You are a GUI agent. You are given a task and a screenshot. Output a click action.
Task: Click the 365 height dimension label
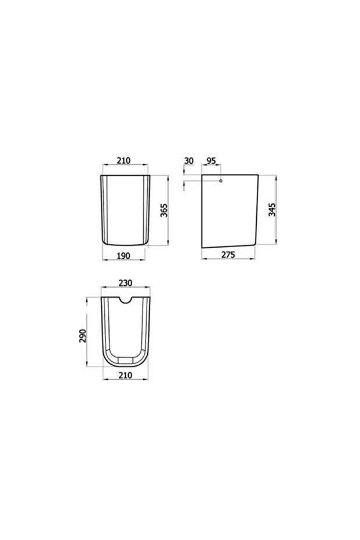(164, 211)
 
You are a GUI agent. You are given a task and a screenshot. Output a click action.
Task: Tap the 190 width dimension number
(122, 256)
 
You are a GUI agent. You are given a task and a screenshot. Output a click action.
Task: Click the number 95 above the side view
(211, 160)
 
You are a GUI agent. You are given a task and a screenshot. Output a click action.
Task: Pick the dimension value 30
(188, 160)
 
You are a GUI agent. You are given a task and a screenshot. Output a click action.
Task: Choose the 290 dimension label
(83, 336)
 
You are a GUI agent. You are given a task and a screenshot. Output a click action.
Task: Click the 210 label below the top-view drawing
(125, 375)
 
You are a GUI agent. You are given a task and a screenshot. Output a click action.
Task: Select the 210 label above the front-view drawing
(125, 160)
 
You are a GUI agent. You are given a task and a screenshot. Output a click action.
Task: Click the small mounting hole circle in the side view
(220, 182)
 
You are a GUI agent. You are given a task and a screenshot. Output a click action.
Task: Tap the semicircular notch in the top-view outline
(125, 301)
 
